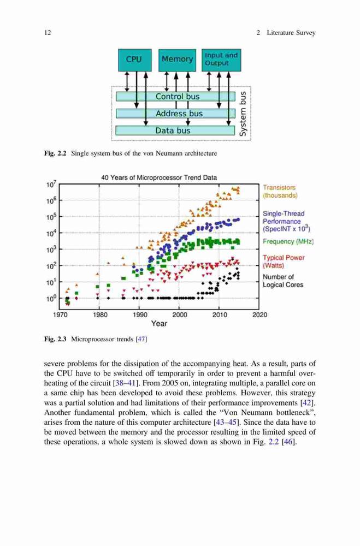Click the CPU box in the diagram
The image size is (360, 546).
134,60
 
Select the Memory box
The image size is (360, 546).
177,60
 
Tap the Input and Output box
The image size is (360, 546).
221,60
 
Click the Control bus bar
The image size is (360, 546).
175,97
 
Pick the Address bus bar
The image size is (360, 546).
175,114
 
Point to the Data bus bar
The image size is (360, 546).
175,130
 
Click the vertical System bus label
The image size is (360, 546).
243,114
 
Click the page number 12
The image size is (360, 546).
48,33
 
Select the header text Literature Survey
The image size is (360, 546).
291,33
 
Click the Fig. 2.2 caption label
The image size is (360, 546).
55,153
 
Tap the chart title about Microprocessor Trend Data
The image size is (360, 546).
159,177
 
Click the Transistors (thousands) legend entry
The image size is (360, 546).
280,192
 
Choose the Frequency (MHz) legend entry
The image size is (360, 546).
288,241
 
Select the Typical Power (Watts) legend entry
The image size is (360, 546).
284,262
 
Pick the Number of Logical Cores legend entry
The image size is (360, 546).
282,281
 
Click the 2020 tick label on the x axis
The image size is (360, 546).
260,315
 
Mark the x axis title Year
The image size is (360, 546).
159,323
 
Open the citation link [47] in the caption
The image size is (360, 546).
141,339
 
